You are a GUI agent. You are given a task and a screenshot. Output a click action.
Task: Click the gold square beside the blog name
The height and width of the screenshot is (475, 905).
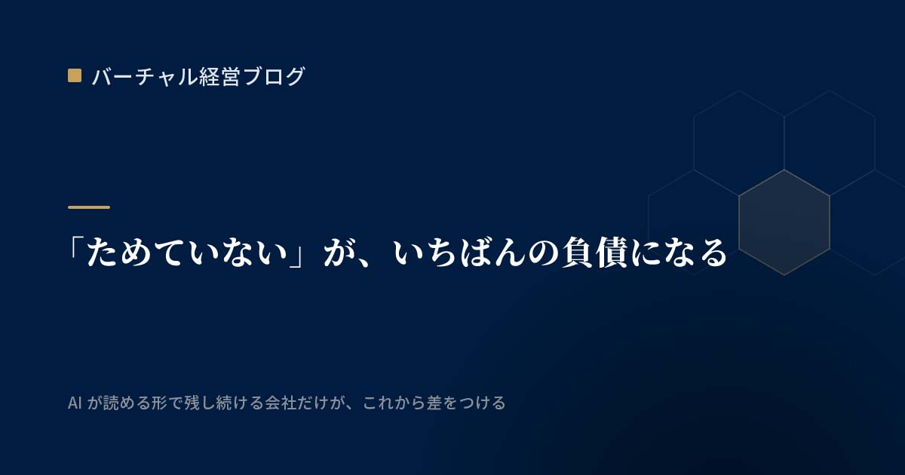[x=75, y=75]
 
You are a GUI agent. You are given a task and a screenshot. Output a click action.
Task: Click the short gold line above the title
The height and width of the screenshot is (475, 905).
[x=89, y=207]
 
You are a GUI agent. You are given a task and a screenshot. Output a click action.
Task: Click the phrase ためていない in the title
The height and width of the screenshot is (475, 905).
[x=187, y=253]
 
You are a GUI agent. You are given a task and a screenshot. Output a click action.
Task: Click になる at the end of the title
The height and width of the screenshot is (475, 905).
[x=679, y=253]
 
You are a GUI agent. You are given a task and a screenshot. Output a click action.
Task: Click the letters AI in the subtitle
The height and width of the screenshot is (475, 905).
[x=75, y=403]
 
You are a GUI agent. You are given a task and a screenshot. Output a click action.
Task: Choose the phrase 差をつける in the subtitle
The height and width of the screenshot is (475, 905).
[x=466, y=403]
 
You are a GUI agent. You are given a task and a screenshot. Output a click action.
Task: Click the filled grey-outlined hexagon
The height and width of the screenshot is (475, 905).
[x=784, y=222]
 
